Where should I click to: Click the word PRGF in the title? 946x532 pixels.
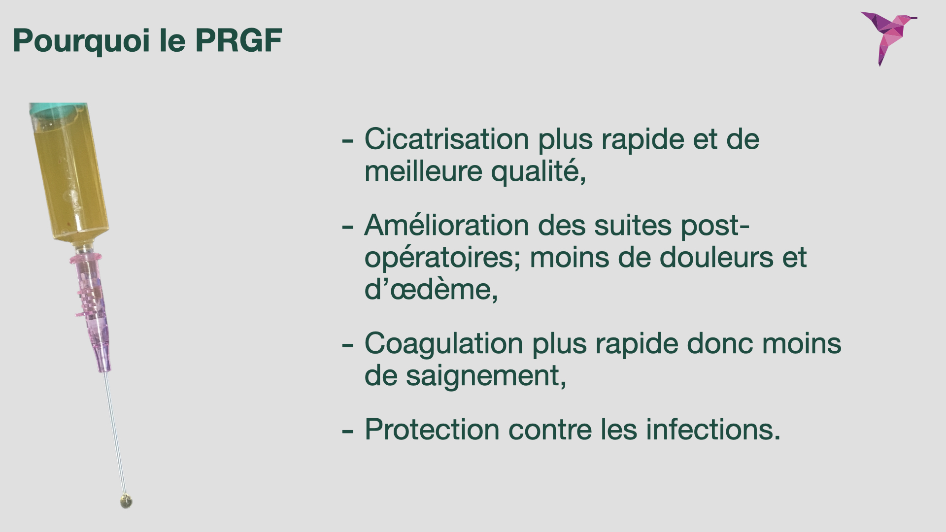238,40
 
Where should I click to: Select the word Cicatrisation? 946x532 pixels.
446,139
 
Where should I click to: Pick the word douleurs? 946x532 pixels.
716,257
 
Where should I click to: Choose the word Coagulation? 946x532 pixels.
443,343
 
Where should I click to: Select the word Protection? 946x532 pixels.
432,430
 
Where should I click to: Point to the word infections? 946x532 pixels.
713,430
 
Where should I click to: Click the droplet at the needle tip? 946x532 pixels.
126,501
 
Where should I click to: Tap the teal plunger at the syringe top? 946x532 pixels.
57,110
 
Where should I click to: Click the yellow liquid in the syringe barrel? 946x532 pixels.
70,177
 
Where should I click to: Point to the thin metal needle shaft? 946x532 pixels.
114,433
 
